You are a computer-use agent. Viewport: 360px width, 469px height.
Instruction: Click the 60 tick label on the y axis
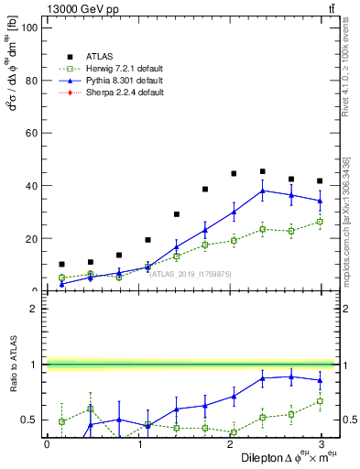point(31,133)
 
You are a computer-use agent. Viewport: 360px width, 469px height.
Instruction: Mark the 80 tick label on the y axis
point(31,81)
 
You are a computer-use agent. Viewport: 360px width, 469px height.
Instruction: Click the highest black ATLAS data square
point(262,171)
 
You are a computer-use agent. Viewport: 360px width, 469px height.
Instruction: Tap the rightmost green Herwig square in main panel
point(319,222)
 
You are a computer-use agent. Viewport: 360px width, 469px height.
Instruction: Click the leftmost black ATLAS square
point(61,264)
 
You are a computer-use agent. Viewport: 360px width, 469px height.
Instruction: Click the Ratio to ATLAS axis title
point(13,364)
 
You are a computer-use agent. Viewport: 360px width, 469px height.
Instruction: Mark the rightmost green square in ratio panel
point(319,400)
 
